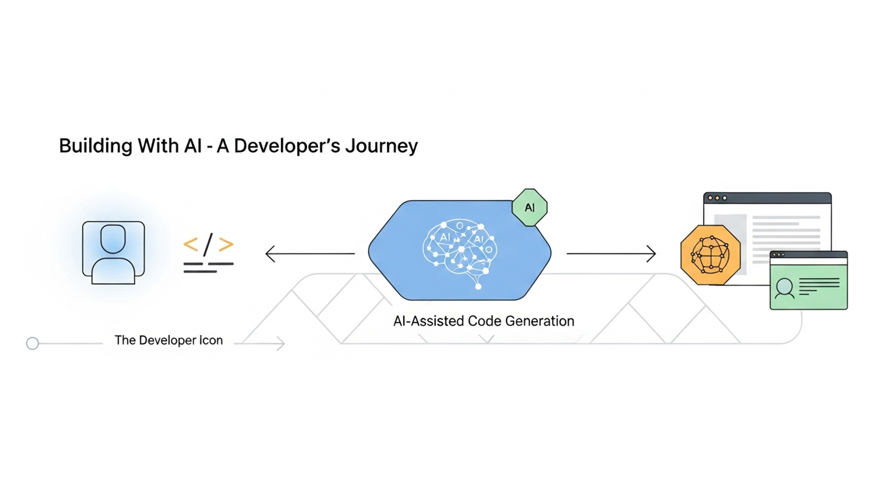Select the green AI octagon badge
(530, 207)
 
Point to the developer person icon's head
(113, 238)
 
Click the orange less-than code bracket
(191, 244)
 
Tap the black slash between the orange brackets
(208, 244)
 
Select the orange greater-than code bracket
(226, 244)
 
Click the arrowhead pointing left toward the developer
(270, 254)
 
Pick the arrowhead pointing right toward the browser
(651, 254)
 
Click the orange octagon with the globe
(710, 255)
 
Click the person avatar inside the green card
(784, 287)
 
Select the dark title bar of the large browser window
(767, 198)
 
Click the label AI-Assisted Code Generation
(483, 321)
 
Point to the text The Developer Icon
(168, 340)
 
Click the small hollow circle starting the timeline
(32, 344)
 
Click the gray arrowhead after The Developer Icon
(280, 344)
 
